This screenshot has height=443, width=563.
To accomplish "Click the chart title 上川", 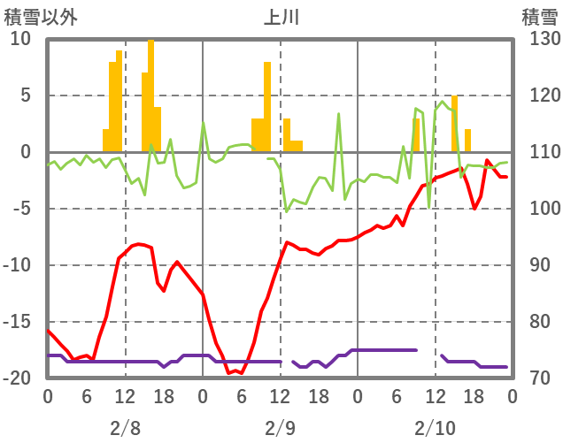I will click(x=281, y=16).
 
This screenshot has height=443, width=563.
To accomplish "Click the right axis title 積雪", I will click(x=539, y=16).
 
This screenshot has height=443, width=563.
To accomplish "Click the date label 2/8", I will click(x=125, y=428).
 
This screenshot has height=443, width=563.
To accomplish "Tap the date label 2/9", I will click(x=280, y=428).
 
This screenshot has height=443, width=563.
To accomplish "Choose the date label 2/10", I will click(x=435, y=428).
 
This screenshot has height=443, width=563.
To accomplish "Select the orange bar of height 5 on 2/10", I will click(x=455, y=124).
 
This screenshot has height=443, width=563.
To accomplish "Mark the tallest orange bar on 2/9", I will click(x=267, y=106).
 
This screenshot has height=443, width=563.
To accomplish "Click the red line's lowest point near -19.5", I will click(x=229, y=373).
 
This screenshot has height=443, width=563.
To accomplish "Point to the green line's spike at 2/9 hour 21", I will click(x=338, y=114).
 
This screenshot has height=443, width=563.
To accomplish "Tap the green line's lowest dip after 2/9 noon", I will click(x=287, y=211).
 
